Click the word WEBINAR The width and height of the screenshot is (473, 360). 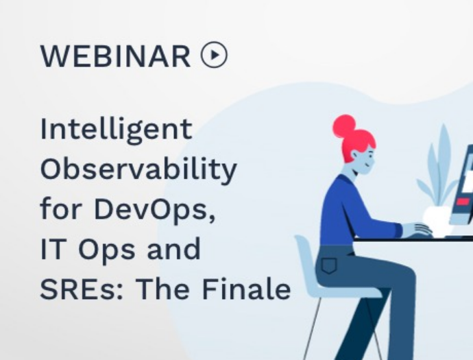[x=115, y=56]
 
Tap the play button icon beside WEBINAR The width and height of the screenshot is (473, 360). [x=214, y=55]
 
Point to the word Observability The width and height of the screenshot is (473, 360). [x=138, y=169]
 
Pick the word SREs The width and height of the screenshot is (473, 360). [x=82, y=289]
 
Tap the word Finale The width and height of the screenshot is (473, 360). [x=246, y=289]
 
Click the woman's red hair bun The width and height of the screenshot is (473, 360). [x=345, y=125]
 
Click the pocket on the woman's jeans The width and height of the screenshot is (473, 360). [x=329, y=265]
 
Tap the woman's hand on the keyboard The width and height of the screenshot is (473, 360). [x=417, y=229]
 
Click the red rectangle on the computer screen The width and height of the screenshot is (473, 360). [x=463, y=202]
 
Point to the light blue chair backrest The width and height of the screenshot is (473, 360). [x=306, y=259]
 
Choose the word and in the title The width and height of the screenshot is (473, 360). [x=173, y=248]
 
